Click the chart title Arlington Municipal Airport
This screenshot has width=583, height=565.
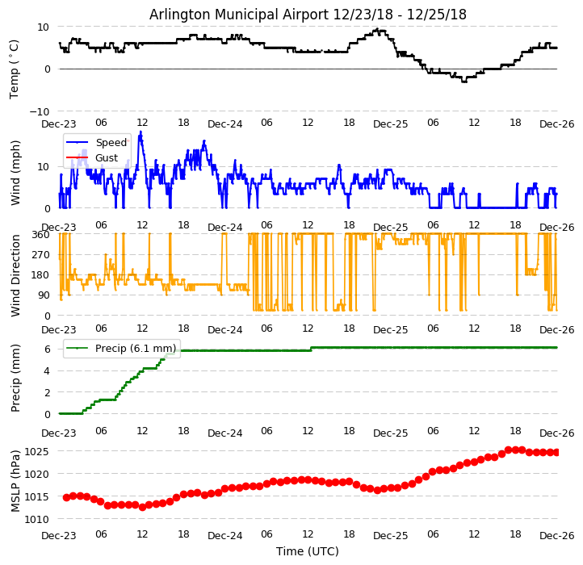tap(308, 15)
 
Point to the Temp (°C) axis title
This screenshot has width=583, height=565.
tap(15, 69)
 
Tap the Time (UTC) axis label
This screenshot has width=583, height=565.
tap(308, 551)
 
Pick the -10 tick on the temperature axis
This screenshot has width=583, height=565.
tap(39, 111)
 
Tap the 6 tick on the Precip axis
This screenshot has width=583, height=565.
tap(48, 349)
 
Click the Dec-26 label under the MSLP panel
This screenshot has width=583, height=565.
tap(556, 535)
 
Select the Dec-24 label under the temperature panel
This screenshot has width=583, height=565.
tap(224, 123)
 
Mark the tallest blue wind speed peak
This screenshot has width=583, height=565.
tap(141, 132)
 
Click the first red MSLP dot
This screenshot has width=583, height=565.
tap(66, 497)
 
